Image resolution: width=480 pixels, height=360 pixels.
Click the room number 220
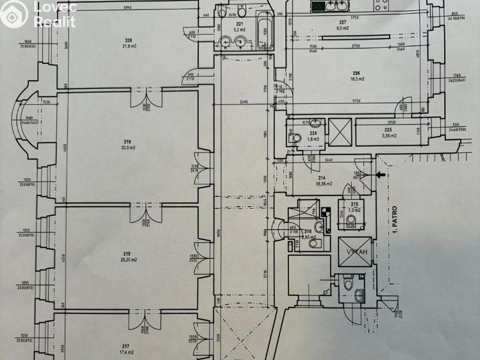click(128, 40)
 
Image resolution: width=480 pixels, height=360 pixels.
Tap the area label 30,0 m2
click(128, 147)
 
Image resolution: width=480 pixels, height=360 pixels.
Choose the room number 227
click(343, 22)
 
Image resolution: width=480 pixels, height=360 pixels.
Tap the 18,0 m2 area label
click(357, 79)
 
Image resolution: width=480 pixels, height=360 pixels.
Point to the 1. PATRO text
click(395, 220)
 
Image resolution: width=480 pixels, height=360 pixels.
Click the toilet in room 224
click(295, 137)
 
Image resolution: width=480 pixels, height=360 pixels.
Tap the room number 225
click(388, 129)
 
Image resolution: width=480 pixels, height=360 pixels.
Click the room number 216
click(308, 231)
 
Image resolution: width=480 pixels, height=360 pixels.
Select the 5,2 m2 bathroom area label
click(240, 29)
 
